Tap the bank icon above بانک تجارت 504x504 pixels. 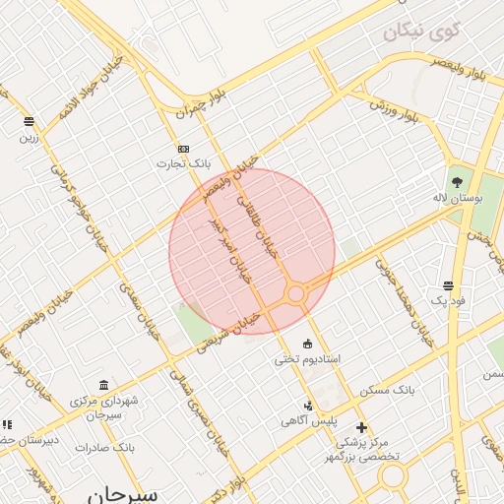(183, 148)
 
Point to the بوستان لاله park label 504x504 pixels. (460, 197)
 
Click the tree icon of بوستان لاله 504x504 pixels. (457, 181)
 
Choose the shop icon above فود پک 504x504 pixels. (449, 285)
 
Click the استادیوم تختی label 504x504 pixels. (308, 359)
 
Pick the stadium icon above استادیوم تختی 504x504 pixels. (308, 344)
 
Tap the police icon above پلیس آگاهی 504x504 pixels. (308, 406)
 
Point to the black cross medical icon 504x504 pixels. (362, 427)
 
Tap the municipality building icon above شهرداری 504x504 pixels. (104, 385)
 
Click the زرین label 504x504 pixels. (28, 138)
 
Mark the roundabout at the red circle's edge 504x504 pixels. (295, 293)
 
